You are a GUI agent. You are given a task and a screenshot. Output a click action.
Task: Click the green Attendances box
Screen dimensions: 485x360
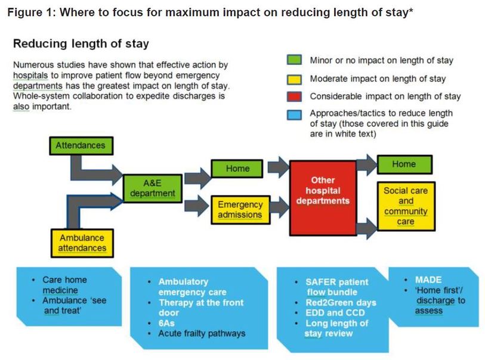click(81, 145)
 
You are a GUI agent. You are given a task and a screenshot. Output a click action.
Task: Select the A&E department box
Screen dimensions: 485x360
click(153, 188)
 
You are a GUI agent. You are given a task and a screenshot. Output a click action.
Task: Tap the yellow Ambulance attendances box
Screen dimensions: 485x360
click(82, 243)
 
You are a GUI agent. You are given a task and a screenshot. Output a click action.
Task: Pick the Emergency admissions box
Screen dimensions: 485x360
click(240, 210)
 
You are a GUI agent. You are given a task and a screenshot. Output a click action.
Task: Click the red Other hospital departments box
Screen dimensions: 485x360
click(323, 198)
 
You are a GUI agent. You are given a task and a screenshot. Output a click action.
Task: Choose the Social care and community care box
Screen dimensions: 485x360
click(406, 206)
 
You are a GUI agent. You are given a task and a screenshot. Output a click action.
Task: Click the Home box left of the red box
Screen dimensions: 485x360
click(237, 169)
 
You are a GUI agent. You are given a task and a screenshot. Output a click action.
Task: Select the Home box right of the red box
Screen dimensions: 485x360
click(404, 165)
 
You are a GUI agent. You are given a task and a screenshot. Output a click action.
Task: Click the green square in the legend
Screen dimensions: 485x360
click(294, 60)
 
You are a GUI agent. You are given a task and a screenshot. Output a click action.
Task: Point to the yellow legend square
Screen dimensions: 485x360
click(294, 79)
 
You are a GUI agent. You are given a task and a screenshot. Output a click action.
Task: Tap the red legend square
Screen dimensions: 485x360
click(294, 97)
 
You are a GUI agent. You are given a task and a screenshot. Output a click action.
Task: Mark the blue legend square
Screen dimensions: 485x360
click(294, 115)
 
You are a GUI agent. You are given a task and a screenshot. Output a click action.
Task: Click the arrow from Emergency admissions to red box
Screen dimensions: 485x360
click(279, 207)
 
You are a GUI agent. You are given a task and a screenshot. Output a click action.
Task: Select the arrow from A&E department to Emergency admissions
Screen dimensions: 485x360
click(197, 206)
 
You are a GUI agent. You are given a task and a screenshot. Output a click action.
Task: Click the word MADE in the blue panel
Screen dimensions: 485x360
click(428, 280)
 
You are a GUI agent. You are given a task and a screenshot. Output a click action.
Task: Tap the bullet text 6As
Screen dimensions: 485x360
click(166, 323)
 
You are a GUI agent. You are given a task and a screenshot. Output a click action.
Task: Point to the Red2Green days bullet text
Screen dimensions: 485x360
click(341, 303)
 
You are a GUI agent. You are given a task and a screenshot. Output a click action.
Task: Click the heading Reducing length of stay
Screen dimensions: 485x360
click(81, 44)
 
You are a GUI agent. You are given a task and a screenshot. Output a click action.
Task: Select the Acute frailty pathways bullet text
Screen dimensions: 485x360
click(202, 333)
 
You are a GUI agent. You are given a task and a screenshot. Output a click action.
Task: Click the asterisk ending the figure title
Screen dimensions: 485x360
click(411, 11)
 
